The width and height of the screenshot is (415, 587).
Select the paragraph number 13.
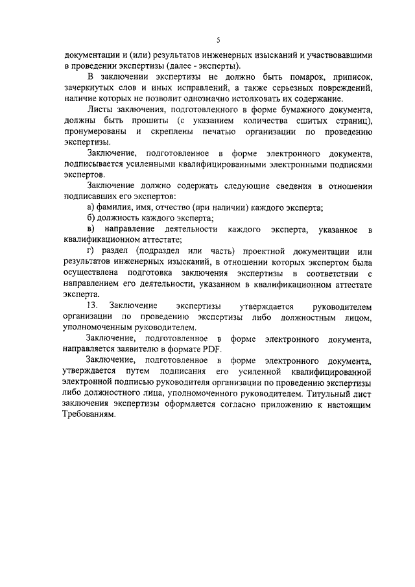91,305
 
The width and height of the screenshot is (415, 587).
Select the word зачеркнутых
89,88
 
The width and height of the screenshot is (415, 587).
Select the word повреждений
340,88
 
